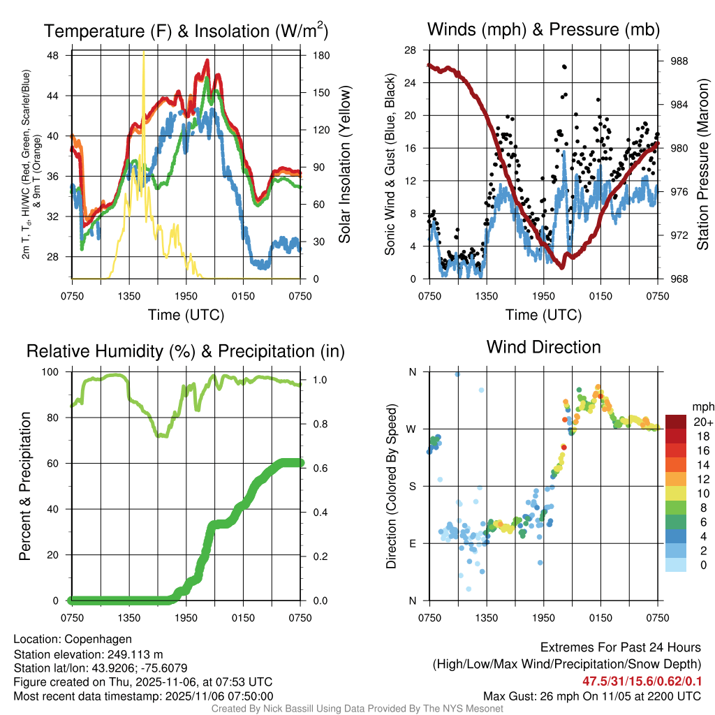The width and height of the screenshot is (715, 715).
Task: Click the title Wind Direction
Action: (543, 347)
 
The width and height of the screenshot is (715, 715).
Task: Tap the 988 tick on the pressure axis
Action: (675, 61)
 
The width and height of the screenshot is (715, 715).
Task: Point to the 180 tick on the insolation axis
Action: (316, 55)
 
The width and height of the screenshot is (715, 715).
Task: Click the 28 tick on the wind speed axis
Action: (411, 50)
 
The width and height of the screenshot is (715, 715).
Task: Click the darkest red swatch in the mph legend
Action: (676, 423)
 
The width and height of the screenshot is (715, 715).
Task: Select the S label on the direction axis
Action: (412, 486)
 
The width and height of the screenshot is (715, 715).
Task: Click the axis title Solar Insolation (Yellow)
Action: (344, 164)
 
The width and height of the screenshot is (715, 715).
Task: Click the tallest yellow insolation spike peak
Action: (144, 53)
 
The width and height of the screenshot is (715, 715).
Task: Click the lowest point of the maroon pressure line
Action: (561, 265)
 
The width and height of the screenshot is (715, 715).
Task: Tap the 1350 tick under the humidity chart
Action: (128, 618)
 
